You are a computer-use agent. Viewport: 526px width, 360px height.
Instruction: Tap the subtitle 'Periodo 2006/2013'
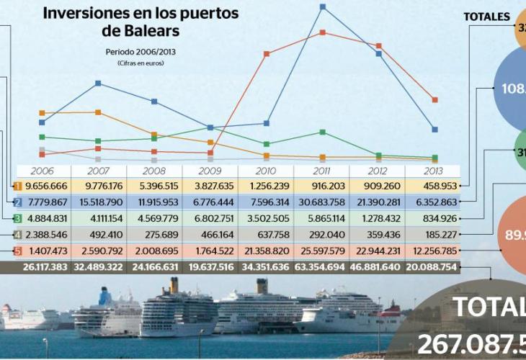coord(141,52)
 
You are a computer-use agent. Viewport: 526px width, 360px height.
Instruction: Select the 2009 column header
coord(210,171)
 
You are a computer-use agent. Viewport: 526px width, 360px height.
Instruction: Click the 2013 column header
coord(432,171)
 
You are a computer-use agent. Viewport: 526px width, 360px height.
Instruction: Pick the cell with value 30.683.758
coord(321,202)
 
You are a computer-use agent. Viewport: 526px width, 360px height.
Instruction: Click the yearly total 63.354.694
coord(321,268)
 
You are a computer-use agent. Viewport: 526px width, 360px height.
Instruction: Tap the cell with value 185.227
coord(432,234)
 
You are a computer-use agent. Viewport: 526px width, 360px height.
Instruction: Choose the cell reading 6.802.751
coord(210,218)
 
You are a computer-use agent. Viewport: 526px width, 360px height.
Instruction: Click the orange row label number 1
coord(17,186)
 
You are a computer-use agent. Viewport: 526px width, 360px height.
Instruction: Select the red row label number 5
coord(17,251)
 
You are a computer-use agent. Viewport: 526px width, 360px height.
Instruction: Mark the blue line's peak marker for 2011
coord(322,7)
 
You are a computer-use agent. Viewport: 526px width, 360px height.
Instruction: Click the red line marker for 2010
coord(267,54)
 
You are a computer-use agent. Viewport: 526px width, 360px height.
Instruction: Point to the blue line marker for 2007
coord(98,84)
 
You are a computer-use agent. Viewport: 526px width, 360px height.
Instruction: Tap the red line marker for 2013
coord(434,99)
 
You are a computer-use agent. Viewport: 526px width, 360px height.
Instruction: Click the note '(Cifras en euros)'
coord(141,63)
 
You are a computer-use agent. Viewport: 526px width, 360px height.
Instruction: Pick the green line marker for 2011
coord(322,132)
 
